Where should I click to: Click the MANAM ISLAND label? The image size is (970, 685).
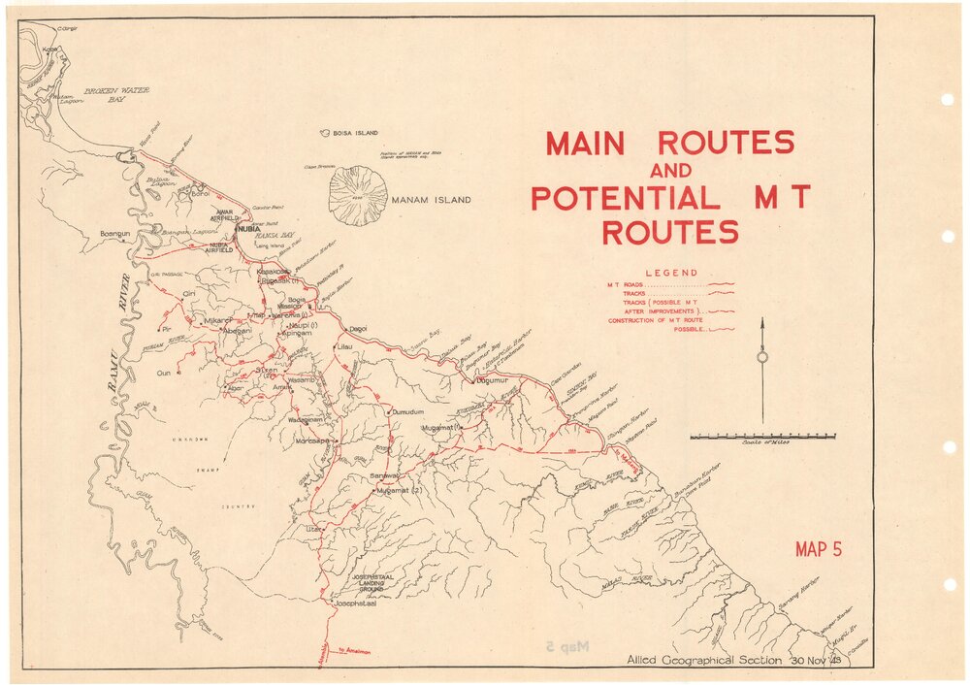pos(433,201)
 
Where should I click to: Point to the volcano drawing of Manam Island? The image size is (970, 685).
pos(358,195)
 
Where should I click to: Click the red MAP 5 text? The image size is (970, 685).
pos(817,550)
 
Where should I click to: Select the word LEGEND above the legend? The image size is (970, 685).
pos(670,273)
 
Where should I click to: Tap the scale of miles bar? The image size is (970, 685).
pos(762,437)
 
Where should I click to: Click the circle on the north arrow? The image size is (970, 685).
pos(762,357)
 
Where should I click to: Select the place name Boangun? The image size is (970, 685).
pos(115,233)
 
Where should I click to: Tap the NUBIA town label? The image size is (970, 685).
pos(246,229)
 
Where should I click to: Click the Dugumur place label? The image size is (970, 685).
pos(493,381)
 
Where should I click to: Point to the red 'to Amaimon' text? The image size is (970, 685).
pos(355,651)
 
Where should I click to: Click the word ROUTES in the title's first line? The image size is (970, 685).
pos(726,143)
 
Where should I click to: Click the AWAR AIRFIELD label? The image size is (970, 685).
pos(226,214)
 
